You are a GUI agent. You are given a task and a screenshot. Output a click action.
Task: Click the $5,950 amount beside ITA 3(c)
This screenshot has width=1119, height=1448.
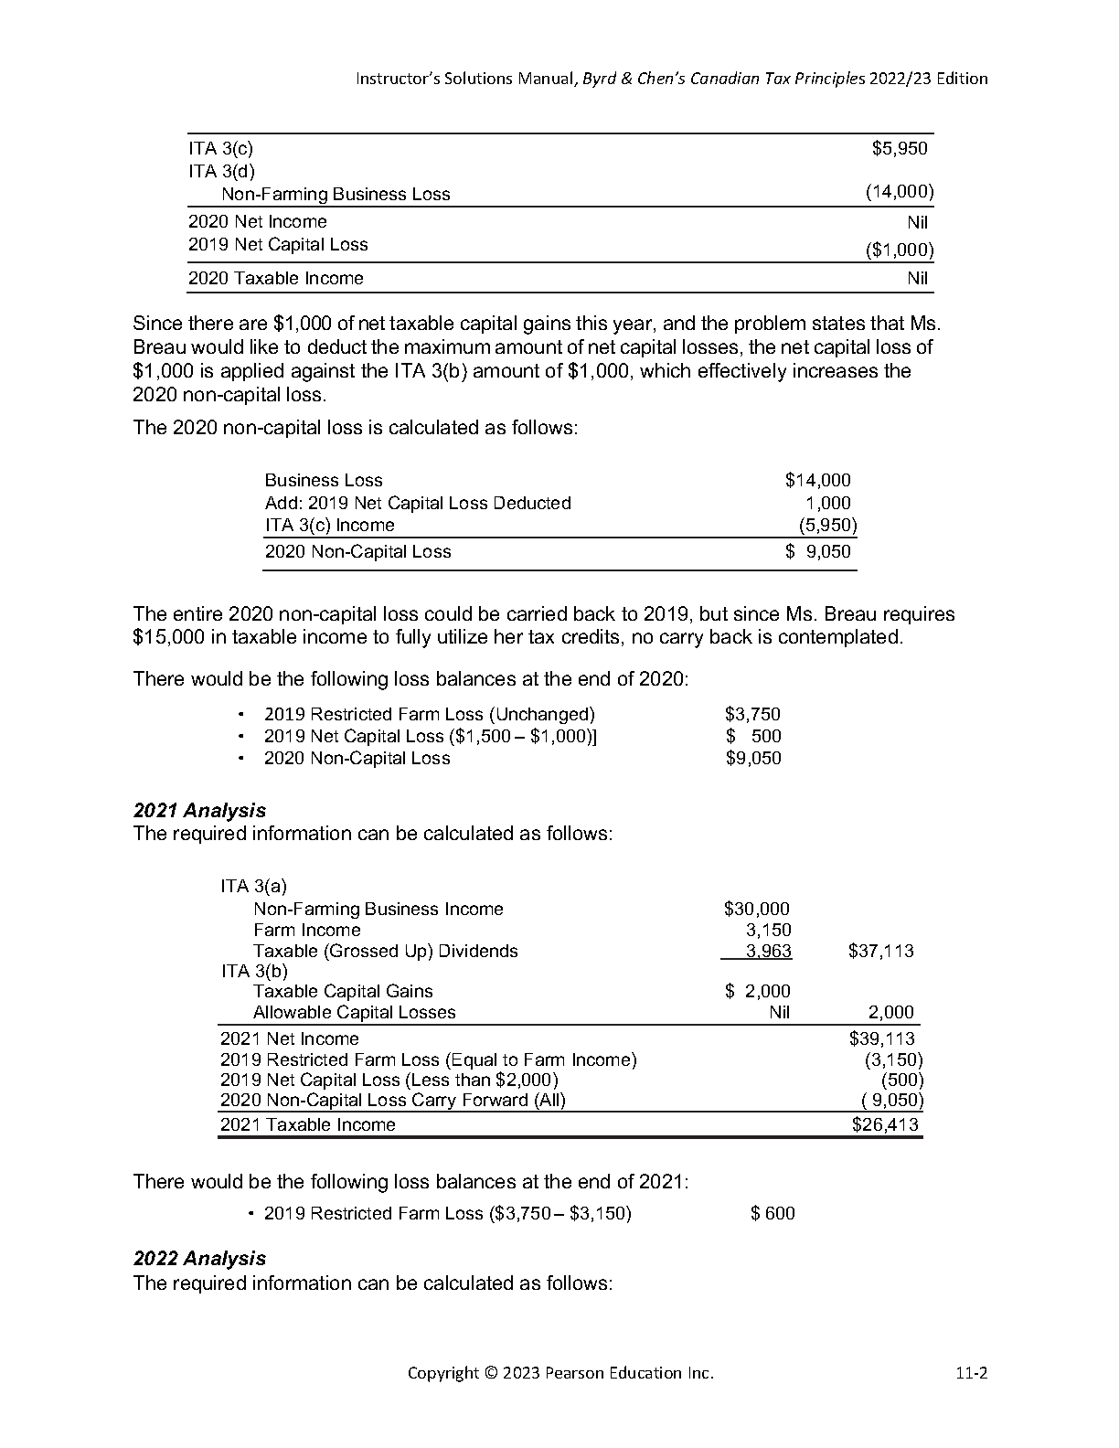[x=900, y=148]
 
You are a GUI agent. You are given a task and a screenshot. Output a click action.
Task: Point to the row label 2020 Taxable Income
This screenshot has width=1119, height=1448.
[x=275, y=278]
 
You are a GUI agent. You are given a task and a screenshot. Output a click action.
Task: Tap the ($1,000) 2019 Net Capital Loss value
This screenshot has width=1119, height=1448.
[x=900, y=250]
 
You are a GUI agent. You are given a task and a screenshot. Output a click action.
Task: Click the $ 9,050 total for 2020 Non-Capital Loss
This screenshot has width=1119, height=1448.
[x=818, y=551]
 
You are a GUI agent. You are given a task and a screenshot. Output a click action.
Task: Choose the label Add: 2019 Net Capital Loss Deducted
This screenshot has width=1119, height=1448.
[x=418, y=503]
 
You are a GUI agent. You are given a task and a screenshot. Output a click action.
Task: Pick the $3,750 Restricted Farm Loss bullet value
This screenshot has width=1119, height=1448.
[x=752, y=714]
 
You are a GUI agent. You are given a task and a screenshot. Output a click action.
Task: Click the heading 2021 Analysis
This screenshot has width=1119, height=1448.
[x=199, y=810]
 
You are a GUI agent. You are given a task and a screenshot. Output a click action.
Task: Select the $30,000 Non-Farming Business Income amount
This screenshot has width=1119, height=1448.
[x=756, y=909]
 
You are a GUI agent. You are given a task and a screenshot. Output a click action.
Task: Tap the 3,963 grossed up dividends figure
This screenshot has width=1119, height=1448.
[x=768, y=952]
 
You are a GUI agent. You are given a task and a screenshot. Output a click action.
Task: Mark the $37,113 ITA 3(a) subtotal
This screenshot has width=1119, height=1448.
[x=881, y=952]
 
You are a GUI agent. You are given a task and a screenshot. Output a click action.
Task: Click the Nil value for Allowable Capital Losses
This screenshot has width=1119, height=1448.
[x=779, y=1012]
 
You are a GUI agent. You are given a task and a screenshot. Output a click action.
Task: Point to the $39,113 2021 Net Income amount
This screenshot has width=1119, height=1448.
[x=882, y=1038]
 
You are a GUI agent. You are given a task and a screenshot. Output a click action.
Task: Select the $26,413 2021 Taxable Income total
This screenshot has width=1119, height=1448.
[x=885, y=1125]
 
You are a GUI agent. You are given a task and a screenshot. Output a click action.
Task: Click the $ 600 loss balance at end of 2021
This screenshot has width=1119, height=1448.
[x=773, y=1213]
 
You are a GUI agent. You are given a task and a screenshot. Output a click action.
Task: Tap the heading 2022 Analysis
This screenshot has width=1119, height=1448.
[x=199, y=1259]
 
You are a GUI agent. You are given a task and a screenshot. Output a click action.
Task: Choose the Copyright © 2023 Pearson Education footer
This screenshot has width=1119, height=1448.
[x=560, y=1373]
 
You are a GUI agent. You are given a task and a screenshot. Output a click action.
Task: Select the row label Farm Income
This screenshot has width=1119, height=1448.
[x=307, y=930]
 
